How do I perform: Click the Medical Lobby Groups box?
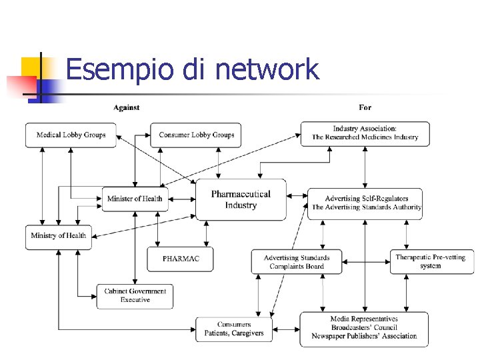[71, 135]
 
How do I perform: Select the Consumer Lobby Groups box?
[196, 135]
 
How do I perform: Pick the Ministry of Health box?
[58, 236]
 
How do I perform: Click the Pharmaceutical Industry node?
[241, 199]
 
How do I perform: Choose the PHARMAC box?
[180, 259]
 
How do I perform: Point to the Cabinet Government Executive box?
[135, 296]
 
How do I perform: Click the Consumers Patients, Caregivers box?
[233, 329]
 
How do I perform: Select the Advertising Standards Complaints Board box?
[296, 262]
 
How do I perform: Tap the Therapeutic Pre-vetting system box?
[430, 261]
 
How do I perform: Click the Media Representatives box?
[364, 328]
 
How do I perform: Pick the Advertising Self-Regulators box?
[365, 203]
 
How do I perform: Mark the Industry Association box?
[365, 133]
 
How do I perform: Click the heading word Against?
[126, 107]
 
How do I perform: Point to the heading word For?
[365, 107]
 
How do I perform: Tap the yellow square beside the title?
[31, 67]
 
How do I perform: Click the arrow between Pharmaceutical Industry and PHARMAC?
[206, 233]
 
